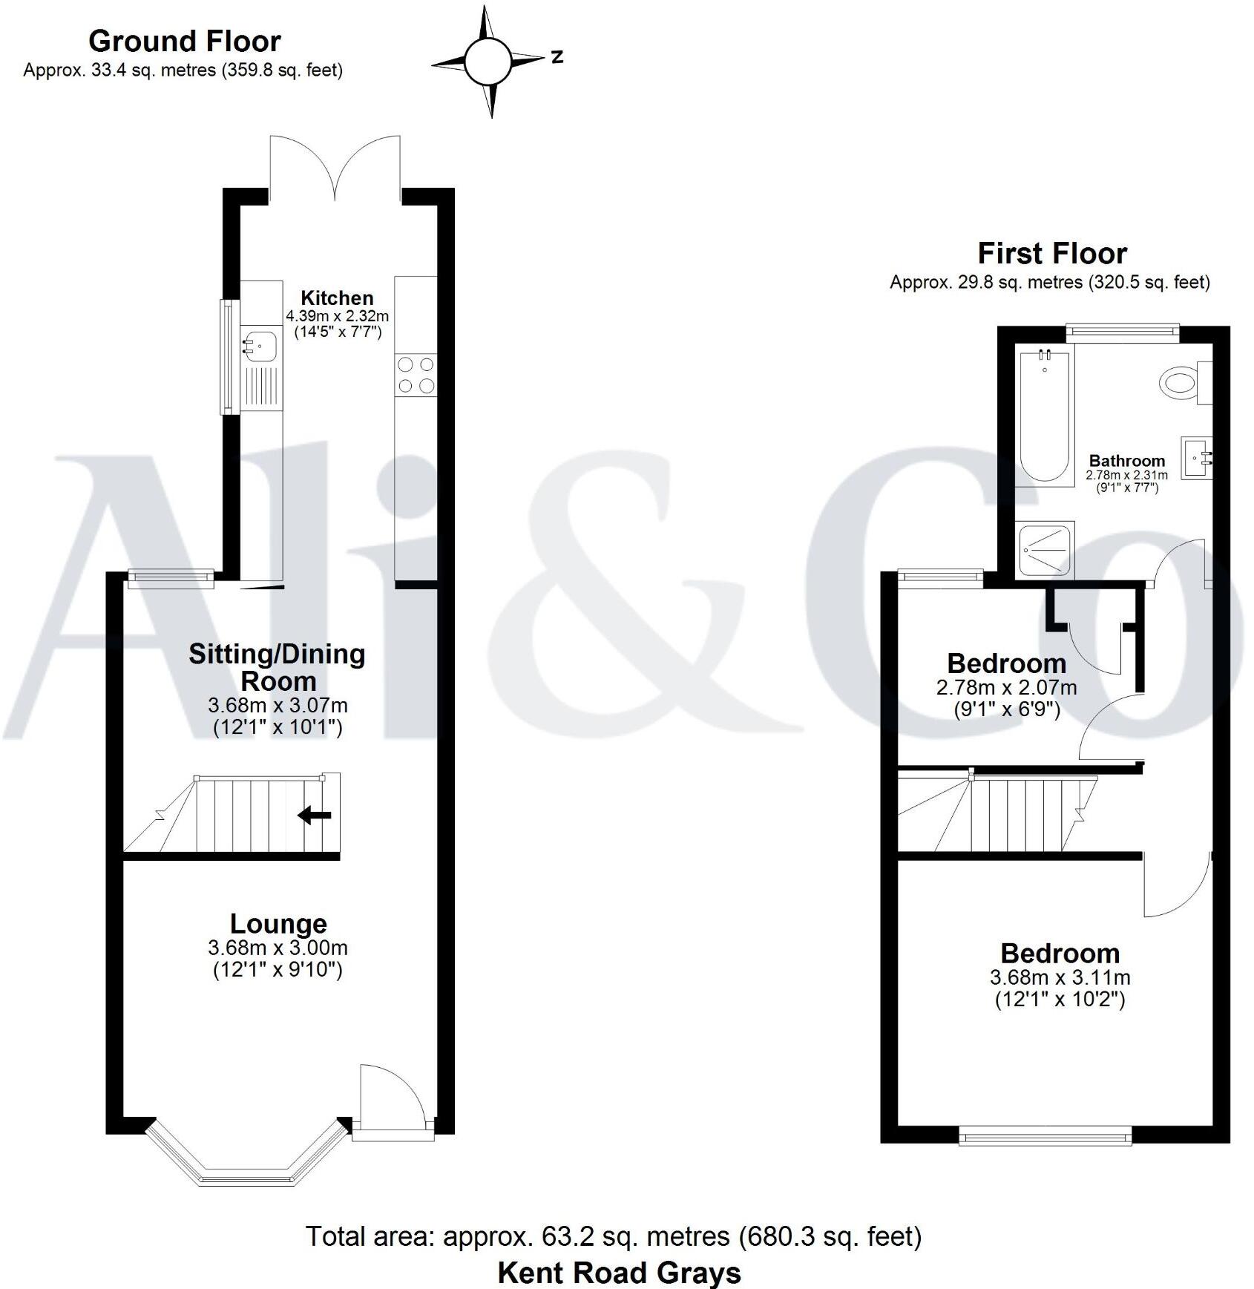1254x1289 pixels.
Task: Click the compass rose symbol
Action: click(488, 61)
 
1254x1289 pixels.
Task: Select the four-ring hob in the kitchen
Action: click(416, 375)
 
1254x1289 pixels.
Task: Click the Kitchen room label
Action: click(337, 298)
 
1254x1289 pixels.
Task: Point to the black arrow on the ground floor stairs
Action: click(315, 816)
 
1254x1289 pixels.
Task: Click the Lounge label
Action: click(278, 924)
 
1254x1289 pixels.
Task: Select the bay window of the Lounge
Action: click(247, 1162)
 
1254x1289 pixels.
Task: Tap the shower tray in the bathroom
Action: click(1046, 549)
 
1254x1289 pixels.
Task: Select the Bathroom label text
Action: click(1126, 461)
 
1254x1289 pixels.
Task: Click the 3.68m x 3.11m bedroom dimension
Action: click(1060, 978)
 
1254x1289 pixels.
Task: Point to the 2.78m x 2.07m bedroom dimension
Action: click(1006, 687)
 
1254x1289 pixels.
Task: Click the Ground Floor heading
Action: click(185, 42)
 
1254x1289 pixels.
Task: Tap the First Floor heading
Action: click(1051, 254)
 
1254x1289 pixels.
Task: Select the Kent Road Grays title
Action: click(619, 1272)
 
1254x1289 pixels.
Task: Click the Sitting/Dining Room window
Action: click(171, 579)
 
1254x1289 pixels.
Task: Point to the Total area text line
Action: click(613, 1236)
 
